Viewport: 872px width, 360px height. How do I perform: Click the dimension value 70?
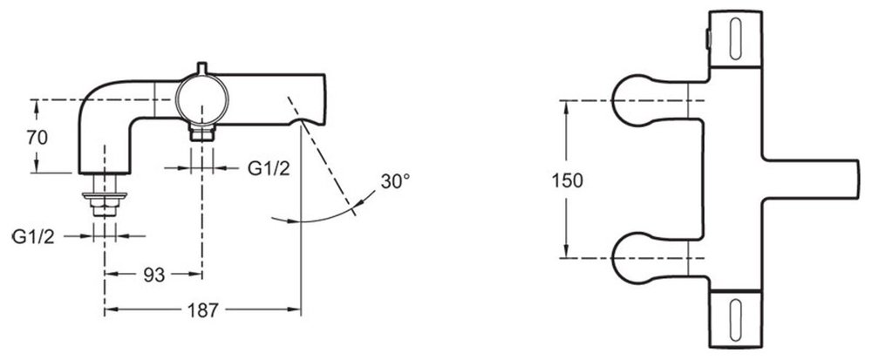tap(37, 138)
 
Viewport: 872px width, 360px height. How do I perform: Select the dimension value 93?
tap(154, 275)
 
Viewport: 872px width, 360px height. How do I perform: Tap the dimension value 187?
tap(202, 310)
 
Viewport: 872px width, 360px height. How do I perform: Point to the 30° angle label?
tap(395, 181)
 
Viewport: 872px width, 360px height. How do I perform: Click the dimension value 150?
tap(568, 180)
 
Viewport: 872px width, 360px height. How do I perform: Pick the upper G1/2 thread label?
tap(269, 168)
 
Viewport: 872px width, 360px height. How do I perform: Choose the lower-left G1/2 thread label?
tap(33, 237)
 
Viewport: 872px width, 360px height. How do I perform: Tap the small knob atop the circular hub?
tap(201, 68)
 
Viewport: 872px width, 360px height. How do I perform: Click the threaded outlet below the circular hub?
tap(201, 134)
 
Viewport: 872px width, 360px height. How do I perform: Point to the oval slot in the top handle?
tap(735, 39)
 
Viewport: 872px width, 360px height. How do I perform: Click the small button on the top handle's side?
tap(707, 39)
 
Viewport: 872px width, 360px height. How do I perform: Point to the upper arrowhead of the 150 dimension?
tap(567, 105)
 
